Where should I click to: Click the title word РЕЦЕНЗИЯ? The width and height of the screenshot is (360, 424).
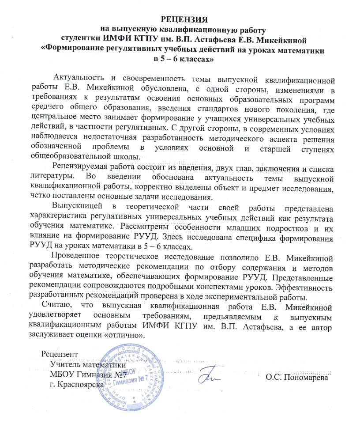[182, 20]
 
